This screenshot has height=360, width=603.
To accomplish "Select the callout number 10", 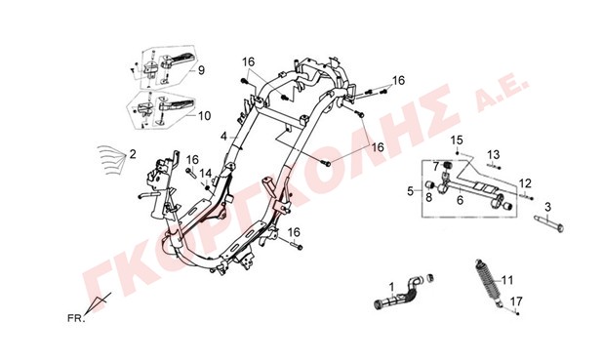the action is pyautogui.click(x=205, y=115).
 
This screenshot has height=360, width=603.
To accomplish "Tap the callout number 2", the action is pyautogui.click(x=133, y=154).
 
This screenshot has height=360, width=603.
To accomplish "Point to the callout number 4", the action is pyautogui.click(x=223, y=137).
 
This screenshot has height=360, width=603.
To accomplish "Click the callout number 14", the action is pyautogui.click(x=206, y=173).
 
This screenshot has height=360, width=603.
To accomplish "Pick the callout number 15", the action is pyautogui.click(x=457, y=140).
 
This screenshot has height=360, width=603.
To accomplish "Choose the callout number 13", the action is pyautogui.click(x=494, y=154).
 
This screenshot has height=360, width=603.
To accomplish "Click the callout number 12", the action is pyautogui.click(x=525, y=183).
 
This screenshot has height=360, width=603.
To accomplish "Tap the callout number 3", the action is pyautogui.click(x=548, y=207).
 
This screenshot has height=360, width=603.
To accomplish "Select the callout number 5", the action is pyautogui.click(x=411, y=191).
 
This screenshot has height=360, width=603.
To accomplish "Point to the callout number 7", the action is pyautogui.click(x=436, y=167).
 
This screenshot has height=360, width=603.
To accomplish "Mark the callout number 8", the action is pyautogui.click(x=428, y=197).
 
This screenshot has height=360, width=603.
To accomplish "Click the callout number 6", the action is pyautogui.click(x=460, y=200).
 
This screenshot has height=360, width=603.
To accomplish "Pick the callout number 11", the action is pyautogui.click(x=507, y=280).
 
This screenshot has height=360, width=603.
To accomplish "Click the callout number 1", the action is pyautogui.click(x=391, y=287).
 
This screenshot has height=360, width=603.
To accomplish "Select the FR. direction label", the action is pyautogui.click(x=76, y=318).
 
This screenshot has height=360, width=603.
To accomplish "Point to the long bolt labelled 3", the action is pyautogui.click(x=549, y=223).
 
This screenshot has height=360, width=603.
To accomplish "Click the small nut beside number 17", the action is pyautogui.click(x=518, y=314).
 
